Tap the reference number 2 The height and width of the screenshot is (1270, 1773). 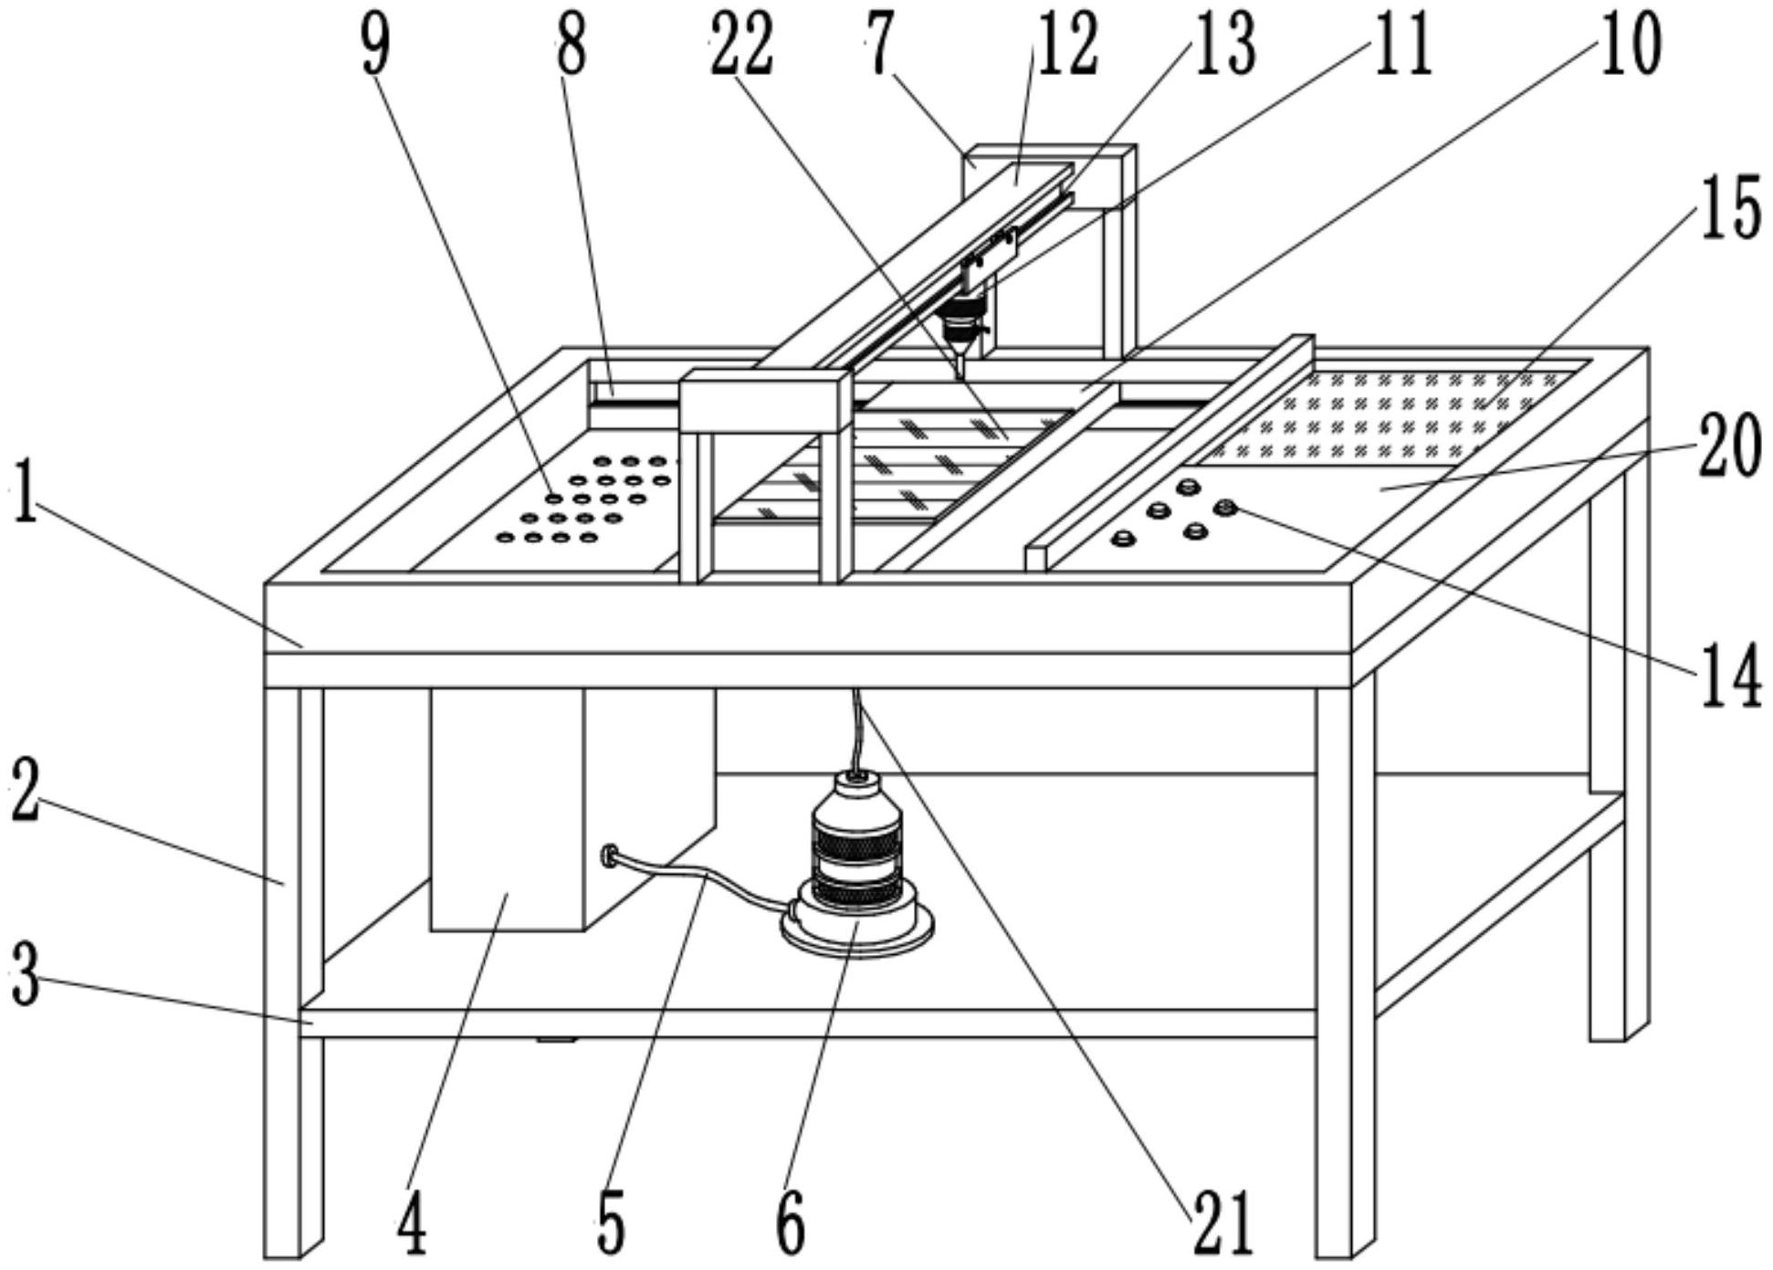[26, 792]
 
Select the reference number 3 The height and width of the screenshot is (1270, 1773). [26, 977]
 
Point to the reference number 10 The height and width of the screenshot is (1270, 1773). [1631, 46]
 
